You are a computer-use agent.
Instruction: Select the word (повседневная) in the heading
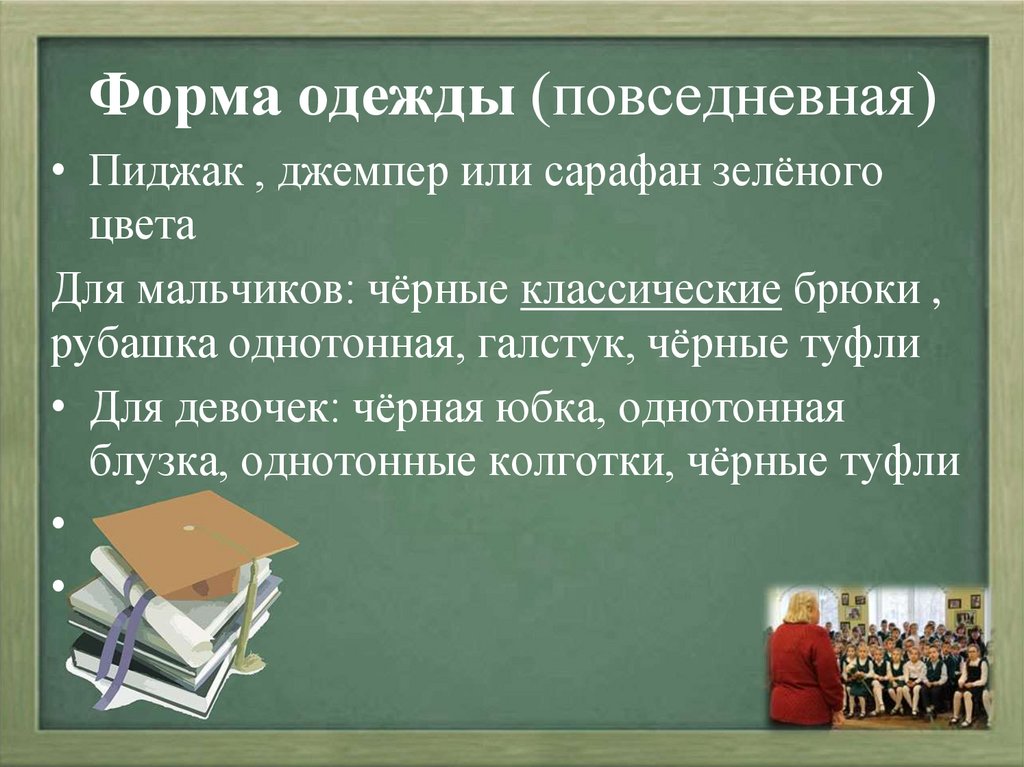point(734,102)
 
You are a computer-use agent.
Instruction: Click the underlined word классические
point(651,292)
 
